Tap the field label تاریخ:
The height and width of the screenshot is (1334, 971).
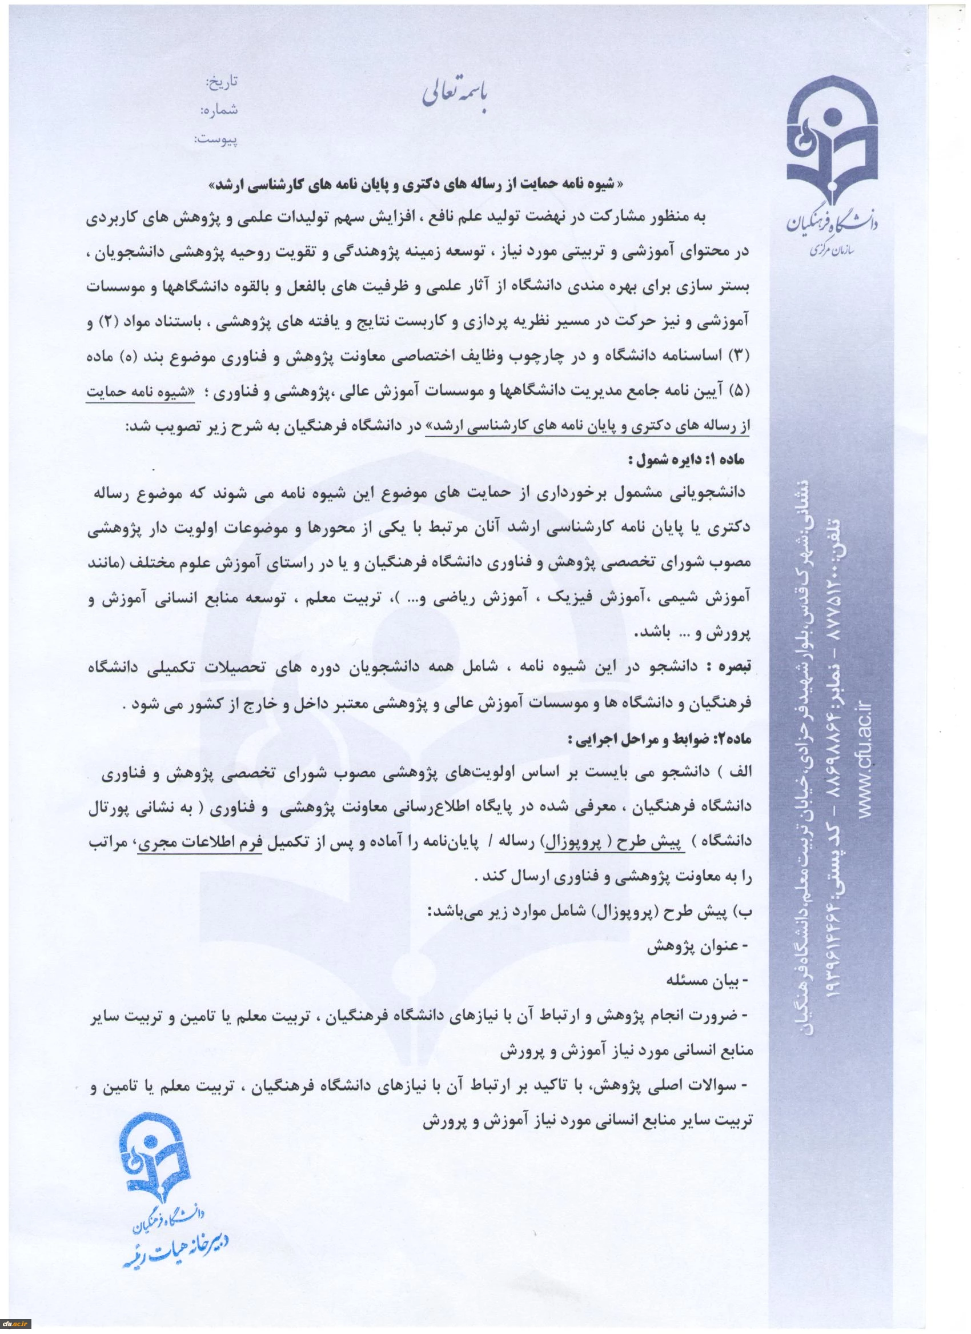(x=222, y=82)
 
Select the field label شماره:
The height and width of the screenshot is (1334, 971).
(x=219, y=110)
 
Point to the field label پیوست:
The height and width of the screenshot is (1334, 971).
(x=216, y=139)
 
